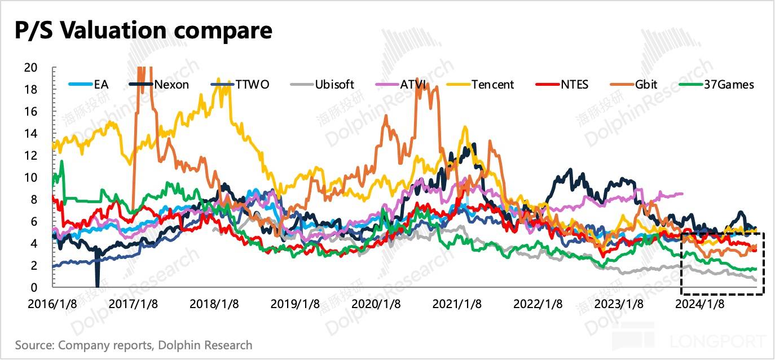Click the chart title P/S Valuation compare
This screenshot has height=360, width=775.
coord(144,31)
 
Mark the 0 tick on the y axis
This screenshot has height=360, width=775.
coord(34,288)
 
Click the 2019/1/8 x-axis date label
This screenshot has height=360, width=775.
coord(294,304)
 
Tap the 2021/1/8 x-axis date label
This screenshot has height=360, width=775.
coord(457,304)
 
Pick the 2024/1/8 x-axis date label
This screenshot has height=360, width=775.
coord(699,304)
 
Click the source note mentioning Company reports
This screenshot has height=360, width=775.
coord(134,345)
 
